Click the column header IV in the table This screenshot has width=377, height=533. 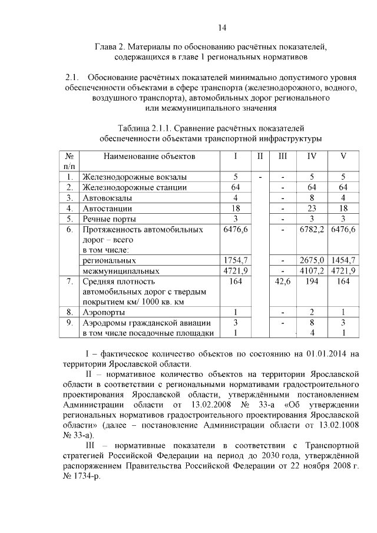coord(312,157)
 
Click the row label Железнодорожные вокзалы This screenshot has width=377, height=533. coord(135,177)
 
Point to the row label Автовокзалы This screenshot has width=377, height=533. coord(106,197)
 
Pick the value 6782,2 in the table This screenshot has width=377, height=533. coord(312,229)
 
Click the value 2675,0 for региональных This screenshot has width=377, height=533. coord(312,260)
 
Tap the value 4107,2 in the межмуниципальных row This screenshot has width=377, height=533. coord(312,271)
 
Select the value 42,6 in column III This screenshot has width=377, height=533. coord(282,282)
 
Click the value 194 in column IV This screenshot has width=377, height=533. coord(312,282)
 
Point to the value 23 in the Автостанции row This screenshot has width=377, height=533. coord(312,208)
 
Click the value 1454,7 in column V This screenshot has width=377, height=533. coord(343,260)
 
